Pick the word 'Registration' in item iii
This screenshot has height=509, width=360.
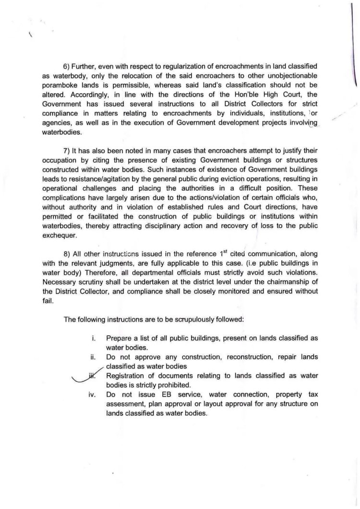point(126,375)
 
